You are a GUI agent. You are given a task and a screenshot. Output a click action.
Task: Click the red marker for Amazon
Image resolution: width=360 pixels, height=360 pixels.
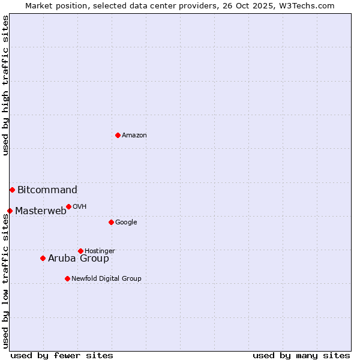pyautogui.click(x=118, y=135)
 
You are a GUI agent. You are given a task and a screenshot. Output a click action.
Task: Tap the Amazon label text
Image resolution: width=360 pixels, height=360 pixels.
pyautogui.click(x=134, y=136)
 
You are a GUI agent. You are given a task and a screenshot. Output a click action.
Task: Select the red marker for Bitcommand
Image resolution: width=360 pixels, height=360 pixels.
pyautogui.click(x=12, y=190)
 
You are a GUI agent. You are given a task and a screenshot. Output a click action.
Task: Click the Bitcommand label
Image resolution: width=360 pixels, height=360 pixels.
pyautogui.click(x=47, y=190)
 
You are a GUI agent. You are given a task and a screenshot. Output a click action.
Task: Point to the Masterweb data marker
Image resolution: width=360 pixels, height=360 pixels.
pyautogui.click(x=10, y=211)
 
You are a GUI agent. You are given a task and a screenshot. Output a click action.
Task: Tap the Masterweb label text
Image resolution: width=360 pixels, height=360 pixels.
pyautogui.click(x=41, y=211)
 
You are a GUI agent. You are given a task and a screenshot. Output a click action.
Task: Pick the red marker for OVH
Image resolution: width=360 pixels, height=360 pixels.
pyautogui.click(x=68, y=206)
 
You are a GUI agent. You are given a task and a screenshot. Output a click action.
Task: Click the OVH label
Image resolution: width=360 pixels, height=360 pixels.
pyautogui.click(x=80, y=207)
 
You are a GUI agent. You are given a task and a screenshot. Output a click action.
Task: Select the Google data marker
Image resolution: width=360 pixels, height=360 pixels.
pyautogui.click(x=111, y=222)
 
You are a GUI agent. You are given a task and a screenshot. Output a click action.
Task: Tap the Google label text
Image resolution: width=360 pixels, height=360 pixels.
pyautogui.click(x=126, y=223)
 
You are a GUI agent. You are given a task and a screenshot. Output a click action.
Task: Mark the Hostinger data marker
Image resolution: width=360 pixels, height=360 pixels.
pyautogui.click(x=80, y=251)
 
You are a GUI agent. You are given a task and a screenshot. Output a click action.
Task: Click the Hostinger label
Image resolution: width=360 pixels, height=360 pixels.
pyautogui.click(x=100, y=251)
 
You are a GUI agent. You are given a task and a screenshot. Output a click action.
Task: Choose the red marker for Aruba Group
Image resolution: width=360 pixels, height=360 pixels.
pyautogui.click(x=43, y=258)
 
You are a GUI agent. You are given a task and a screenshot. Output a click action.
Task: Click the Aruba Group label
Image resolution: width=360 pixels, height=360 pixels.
pyautogui.click(x=79, y=259)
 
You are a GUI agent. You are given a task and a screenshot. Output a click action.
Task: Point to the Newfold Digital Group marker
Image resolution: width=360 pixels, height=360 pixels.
pyautogui.click(x=67, y=278)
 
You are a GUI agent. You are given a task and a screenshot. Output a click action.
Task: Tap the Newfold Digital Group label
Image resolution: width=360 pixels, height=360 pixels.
pyautogui.click(x=106, y=279)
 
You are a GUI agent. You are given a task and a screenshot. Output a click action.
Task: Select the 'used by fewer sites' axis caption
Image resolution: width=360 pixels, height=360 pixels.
pyautogui.click(x=62, y=355)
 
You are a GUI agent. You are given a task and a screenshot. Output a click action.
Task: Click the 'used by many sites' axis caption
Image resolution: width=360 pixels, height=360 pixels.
pyautogui.click(x=301, y=355)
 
